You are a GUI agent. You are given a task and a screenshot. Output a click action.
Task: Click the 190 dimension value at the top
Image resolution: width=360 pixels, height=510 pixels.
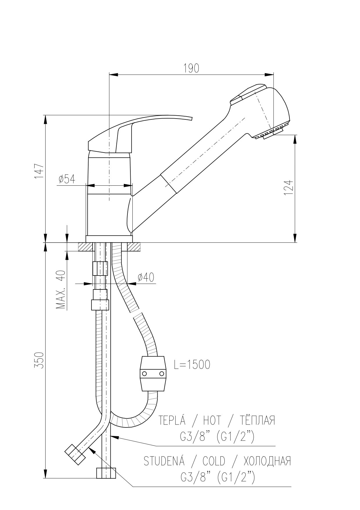pos(191,68)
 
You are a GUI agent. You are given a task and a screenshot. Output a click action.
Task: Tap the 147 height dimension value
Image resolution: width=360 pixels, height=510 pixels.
pos(39,171)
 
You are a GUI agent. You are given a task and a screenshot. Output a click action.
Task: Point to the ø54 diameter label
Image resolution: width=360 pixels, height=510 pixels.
pos(66,179)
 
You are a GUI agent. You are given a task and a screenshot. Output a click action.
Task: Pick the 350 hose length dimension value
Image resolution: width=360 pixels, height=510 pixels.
pos(39,360)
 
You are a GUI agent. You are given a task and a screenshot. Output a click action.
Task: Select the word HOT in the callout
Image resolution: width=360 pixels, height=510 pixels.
pos(212,420)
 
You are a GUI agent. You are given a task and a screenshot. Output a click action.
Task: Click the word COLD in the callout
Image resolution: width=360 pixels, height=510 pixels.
pos(214,461)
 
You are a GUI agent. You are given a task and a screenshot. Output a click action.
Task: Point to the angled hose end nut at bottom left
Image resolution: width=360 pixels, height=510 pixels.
pos(75,454)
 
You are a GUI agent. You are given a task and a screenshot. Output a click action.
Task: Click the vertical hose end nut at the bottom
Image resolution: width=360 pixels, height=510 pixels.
pos(106,473)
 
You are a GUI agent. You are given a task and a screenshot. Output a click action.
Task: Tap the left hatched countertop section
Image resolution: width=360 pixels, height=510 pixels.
pos(85,247)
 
